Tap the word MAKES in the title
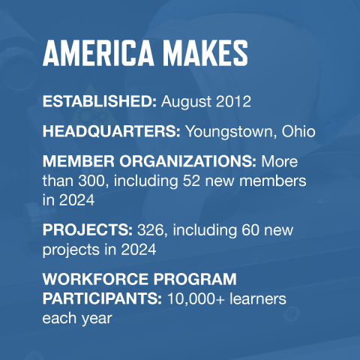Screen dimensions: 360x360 click(x=209, y=53)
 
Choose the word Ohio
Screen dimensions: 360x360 click(x=299, y=131)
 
